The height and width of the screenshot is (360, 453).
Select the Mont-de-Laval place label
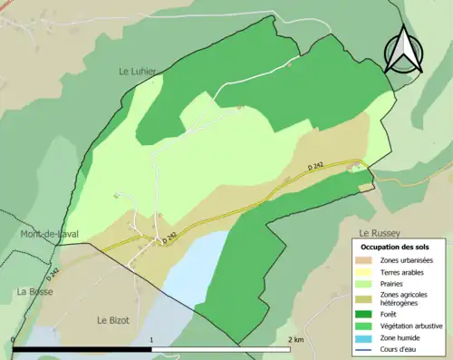point(49,234)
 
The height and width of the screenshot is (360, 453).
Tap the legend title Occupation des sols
point(398,247)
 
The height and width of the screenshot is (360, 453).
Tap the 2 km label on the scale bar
point(294,339)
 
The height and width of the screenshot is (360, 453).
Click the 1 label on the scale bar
point(150,339)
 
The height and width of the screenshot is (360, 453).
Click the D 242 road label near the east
point(316,166)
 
